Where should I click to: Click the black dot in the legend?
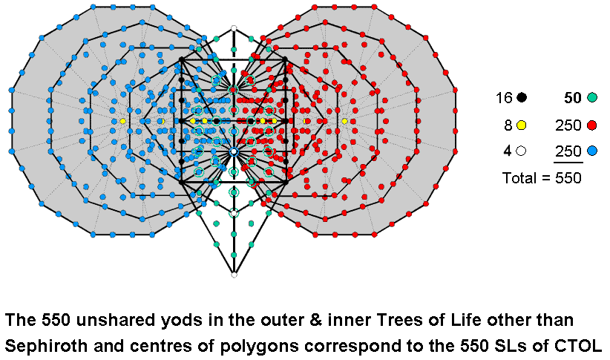tap(522, 97)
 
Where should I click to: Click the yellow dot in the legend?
tap(522, 125)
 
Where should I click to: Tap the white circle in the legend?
tap(522, 151)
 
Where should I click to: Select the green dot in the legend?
tap(591, 97)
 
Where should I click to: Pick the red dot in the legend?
tap(591, 125)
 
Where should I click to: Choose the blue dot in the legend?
tap(591, 151)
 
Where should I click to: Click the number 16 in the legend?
tap(505, 97)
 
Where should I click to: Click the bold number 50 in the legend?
tap(572, 97)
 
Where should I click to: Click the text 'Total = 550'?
tap(541, 178)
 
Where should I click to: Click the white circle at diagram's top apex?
tap(234, 28)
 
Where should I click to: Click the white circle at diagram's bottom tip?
tap(234, 275)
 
